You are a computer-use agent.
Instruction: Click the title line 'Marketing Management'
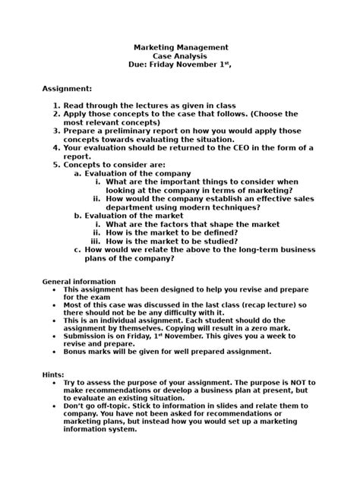pyautogui.click(x=180, y=47)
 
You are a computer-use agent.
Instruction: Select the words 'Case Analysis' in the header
pyautogui.click(x=180, y=56)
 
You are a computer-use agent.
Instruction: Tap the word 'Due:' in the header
pyautogui.click(x=143, y=66)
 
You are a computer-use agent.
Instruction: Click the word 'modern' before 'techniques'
pyautogui.click(x=195, y=207)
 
